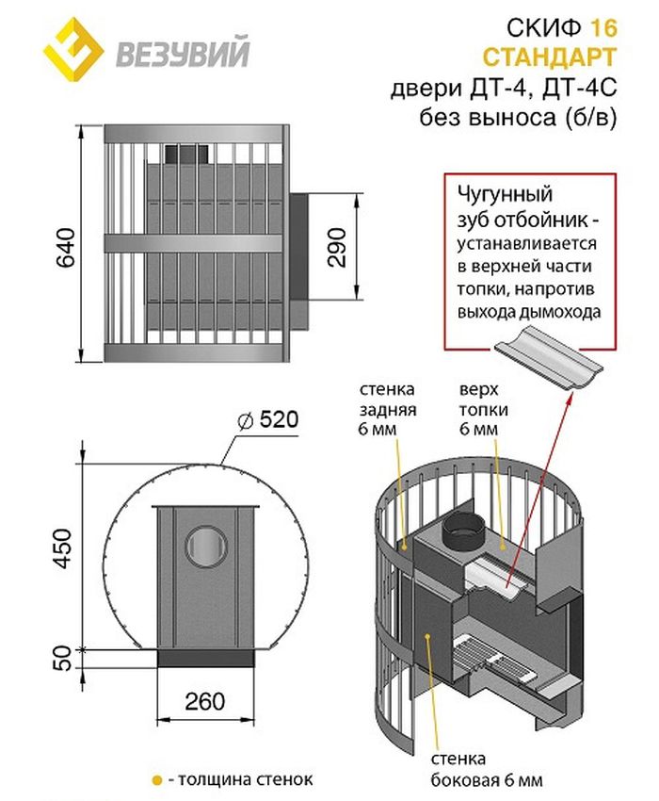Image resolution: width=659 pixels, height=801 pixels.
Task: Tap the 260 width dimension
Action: tap(206, 702)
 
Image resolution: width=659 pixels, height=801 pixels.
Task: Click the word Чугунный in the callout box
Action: tap(503, 194)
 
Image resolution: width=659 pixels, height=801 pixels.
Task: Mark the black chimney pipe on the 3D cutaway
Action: tap(463, 533)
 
